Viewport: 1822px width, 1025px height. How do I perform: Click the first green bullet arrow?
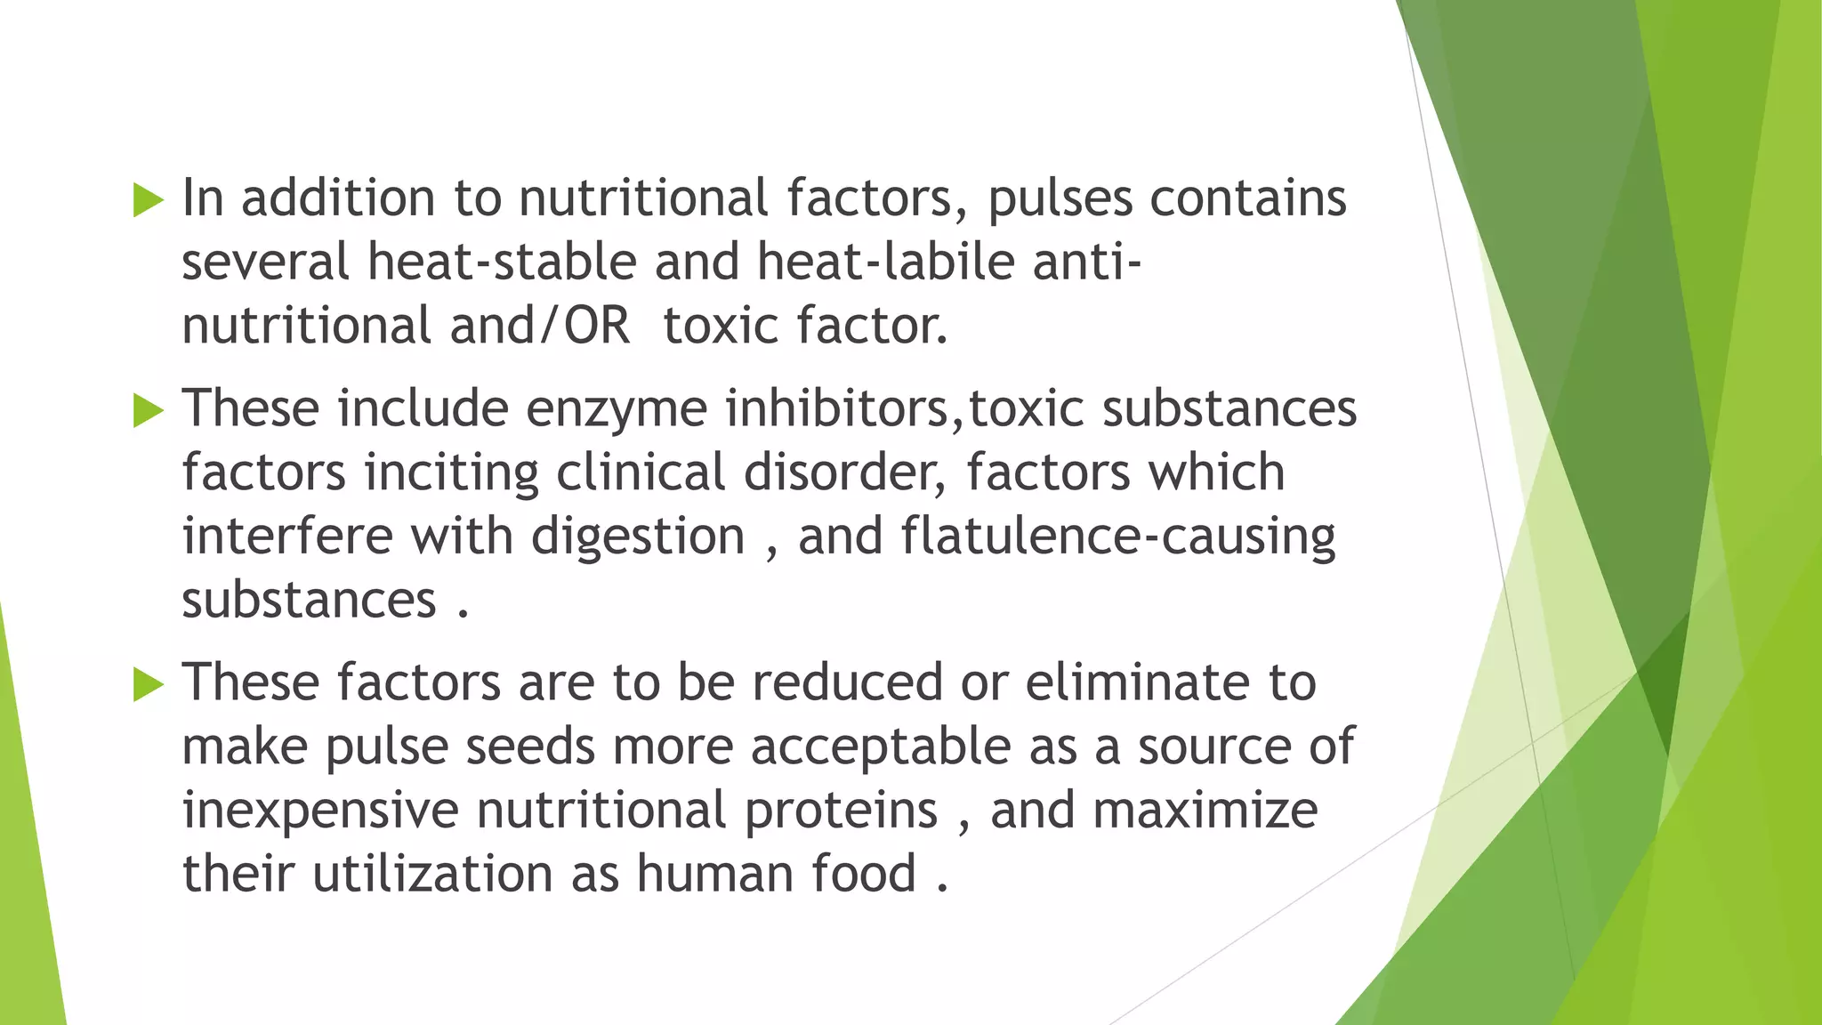point(149,200)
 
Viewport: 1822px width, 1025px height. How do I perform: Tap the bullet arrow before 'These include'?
point(149,411)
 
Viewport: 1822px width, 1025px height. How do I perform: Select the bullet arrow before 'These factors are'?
point(149,685)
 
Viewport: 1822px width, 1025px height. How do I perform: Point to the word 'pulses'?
point(1060,198)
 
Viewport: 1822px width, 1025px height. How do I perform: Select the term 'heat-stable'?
point(502,262)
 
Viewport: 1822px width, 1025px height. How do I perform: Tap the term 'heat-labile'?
point(886,262)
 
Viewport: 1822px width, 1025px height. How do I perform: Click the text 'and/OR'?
point(540,326)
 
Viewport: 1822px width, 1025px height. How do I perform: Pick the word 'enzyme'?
point(617,409)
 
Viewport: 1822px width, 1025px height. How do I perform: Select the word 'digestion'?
point(638,537)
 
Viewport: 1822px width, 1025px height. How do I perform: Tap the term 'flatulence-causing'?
point(1118,537)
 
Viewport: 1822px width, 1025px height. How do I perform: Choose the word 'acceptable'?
point(881,747)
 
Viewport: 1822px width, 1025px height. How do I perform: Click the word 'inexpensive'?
point(320,811)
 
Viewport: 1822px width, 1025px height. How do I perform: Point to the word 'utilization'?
point(432,874)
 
